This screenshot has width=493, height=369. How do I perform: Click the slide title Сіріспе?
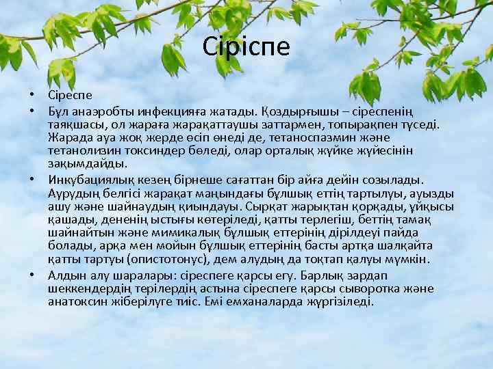tap(246, 46)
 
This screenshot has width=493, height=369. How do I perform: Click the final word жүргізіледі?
tap(340, 301)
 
